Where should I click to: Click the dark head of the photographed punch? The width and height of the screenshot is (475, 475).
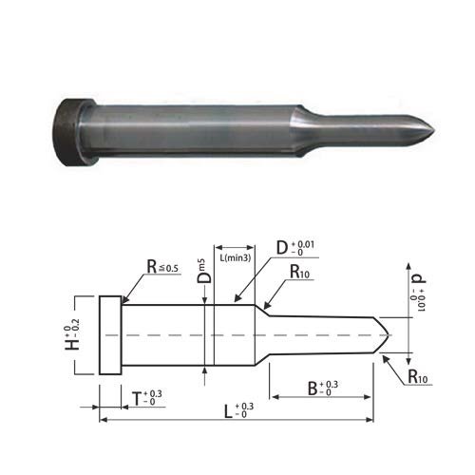coord(73,132)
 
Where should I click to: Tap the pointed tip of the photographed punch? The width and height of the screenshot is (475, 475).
coord(434,131)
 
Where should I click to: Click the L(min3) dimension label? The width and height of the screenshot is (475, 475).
coord(236,257)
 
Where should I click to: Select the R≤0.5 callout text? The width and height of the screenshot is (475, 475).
coord(162,267)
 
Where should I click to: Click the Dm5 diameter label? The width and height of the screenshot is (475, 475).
coord(203,271)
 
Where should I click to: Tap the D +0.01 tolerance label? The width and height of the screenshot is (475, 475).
coord(295,248)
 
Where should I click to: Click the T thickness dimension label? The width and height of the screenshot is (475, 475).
coord(147,398)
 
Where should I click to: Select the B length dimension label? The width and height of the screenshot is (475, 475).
coord(323,389)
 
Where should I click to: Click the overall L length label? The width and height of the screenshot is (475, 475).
coord(238,410)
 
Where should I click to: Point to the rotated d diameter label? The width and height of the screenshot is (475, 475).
coord(418,293)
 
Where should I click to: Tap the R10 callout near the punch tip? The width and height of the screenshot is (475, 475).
coord(418,377)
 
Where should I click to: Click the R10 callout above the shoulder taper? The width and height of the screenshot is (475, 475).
coord(299,272)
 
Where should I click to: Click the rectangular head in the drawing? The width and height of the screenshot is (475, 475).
coord(110,335)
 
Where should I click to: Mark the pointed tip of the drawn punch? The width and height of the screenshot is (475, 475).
coord(389,334)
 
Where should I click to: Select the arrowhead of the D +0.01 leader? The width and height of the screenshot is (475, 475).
coord(237,298)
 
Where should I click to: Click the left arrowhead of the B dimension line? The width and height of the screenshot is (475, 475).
coord(275,397)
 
